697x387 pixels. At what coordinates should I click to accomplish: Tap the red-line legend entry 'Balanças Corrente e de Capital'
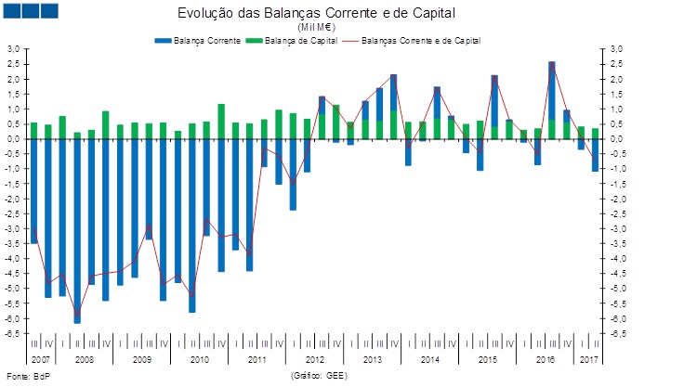[420, 41]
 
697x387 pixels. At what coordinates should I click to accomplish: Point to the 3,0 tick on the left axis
[13, 49]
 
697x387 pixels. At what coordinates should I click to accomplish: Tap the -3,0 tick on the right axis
[617, 228]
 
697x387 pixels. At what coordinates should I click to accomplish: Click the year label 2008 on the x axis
[84, 358]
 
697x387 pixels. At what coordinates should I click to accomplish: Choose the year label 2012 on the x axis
[314, 358]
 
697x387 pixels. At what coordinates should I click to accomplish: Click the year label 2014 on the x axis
[429, 358]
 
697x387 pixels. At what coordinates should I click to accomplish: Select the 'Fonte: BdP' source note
[21, 376]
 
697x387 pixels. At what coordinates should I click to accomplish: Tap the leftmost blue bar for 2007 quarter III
[34, 190]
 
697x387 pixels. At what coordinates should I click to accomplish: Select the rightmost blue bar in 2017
[596, 155]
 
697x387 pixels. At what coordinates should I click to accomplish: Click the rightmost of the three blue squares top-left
[49, 10]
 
